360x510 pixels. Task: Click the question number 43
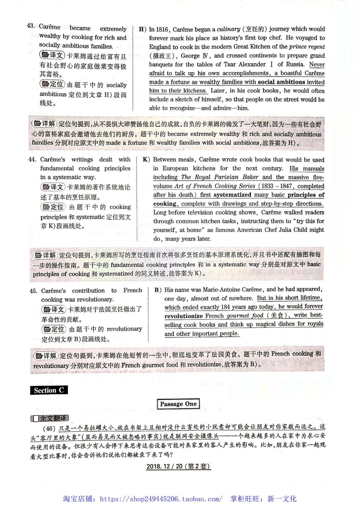(30, 26)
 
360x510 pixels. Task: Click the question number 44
(32, 160)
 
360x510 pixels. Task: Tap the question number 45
(33, 291)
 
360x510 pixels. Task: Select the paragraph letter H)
(143, 29)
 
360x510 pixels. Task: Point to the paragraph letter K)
(146, 160)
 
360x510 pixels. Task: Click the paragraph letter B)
(158, 290)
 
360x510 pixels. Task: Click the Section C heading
(49, 390)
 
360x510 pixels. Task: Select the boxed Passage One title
(178, 404)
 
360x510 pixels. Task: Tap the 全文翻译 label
(50, 418)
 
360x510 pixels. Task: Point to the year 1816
(162, 29)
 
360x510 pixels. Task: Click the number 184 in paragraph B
(225, 307)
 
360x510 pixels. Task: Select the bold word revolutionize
(183, 316)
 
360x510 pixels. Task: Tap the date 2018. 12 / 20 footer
(178, 466)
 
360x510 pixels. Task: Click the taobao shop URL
(161, 499)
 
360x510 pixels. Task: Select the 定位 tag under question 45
(54, 329)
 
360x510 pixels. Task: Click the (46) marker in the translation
(49, 428)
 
